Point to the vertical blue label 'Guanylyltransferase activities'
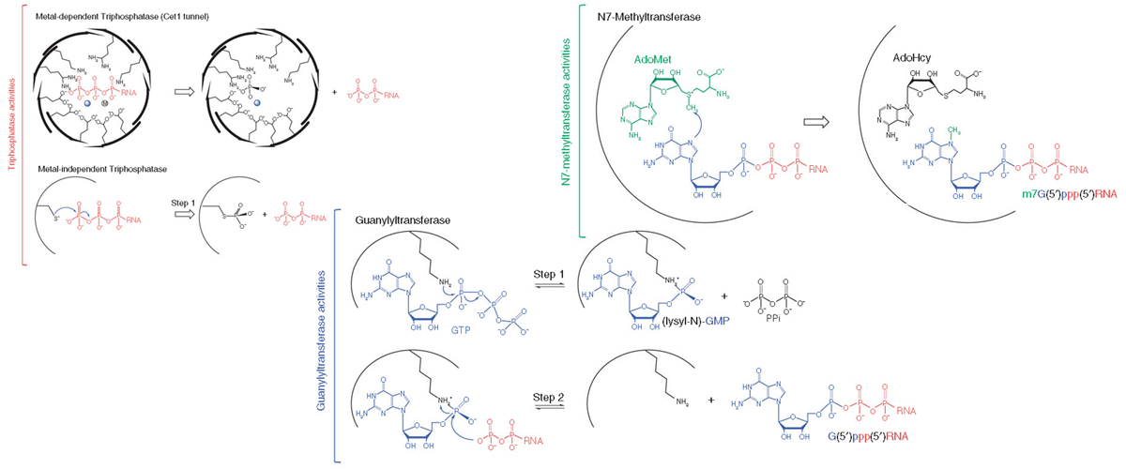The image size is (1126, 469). click(x=322, y=338)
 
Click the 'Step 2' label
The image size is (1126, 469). click(x=549, y=395)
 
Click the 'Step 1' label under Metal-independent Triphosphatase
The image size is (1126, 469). click(x=185, y=199)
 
